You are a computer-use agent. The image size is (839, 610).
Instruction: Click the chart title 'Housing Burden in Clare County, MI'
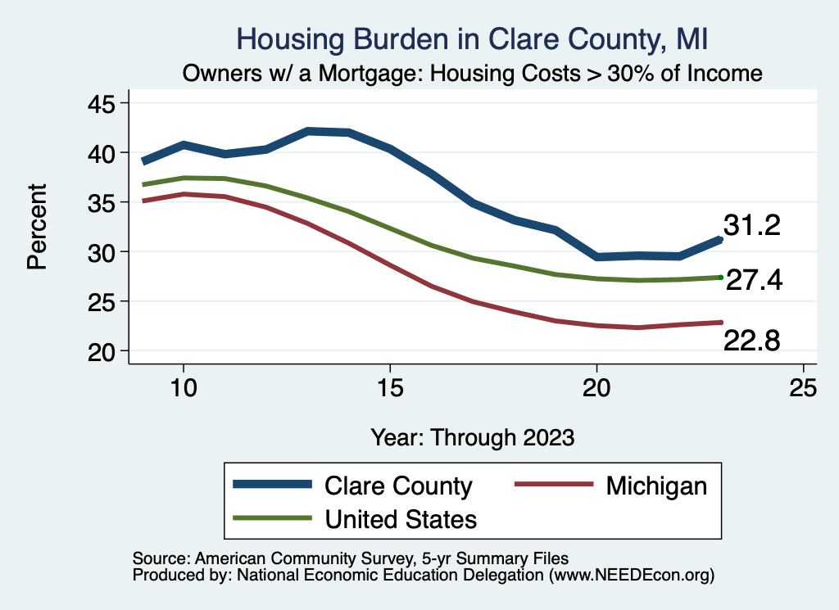coord(471,39)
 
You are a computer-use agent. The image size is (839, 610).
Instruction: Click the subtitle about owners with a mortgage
coord(473,74)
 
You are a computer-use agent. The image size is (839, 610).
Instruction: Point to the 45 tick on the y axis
coord(103,103)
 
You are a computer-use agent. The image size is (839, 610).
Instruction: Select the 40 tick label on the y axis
coord(103,153)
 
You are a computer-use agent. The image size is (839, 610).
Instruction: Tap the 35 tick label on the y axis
coord(103,202)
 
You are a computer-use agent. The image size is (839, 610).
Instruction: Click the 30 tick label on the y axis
coord(103,252)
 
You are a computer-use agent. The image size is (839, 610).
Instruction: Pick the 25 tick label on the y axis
coord(103,301)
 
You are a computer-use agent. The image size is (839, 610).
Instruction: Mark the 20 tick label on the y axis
coord(103,351)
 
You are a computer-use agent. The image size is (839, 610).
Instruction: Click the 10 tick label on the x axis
coord(184,387)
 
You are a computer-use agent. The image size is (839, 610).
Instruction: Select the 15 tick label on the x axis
coord(390,387)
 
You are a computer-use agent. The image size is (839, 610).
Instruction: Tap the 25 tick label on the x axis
coord(803,387)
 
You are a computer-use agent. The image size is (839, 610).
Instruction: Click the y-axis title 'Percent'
coord(37,227)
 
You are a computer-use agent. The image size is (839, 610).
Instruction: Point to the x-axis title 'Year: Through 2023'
coord(472,436)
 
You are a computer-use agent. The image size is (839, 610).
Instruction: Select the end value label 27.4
coord(755,281)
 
